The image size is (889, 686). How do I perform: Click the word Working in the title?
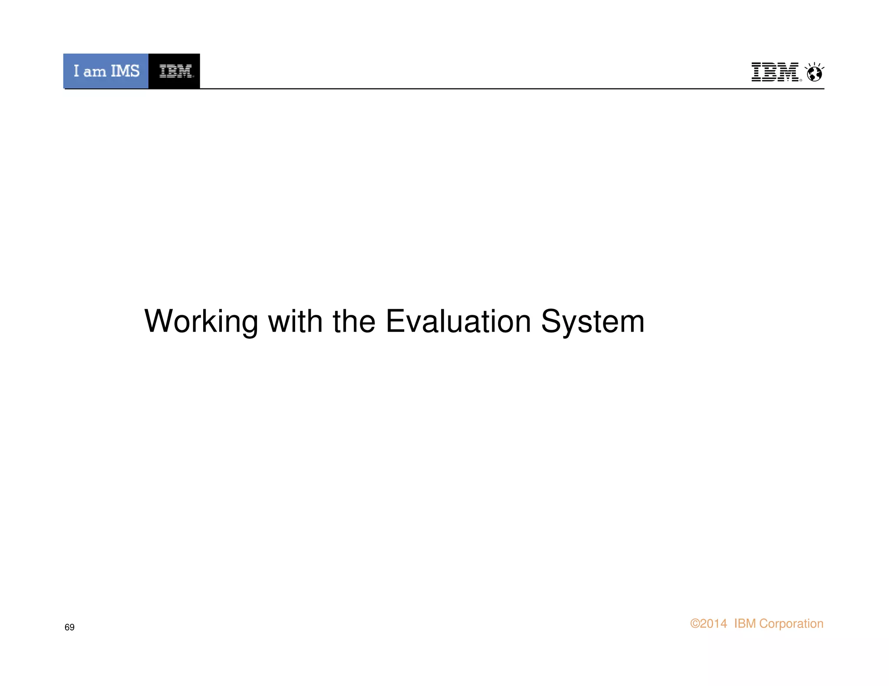pyautogui.click(x=201, y=322)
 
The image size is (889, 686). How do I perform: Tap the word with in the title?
pyautogui.click(x=295, y=322)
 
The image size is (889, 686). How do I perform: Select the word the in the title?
pyautogui.click(x=354, y=322)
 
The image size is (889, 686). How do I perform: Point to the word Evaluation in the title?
pyautogui.click(x=458, y=322)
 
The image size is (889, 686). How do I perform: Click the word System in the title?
pyautogui.click(x=593, y=322)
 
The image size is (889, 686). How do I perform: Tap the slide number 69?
pyautogui.click(x=69, y=627)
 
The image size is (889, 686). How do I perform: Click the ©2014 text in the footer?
pyautogui.click(x=708, y=624)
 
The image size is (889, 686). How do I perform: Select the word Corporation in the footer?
pyautogui.click(x=791, y=624)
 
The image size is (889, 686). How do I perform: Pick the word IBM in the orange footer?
pyautogui.click(x=745, y=624)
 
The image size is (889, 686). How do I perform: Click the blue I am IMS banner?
pyautogui.click(x=106, y=71)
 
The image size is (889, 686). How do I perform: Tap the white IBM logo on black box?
pyautogui.click(x=175, y=71)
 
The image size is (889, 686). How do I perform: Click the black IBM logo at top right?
pyautogui.click(x=775, y=72)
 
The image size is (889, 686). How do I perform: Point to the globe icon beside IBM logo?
pyautogui.click(x=814, y=73)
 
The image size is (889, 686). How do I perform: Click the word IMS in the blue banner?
pyautogui.click(x=125, y=71)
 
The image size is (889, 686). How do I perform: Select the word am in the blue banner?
pyautogui.click(x=95, y=72)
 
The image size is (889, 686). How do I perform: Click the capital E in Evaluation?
pyautogui.click(x=395, y=322)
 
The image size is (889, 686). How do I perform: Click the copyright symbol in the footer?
pyautogui.click(x=695, y=624)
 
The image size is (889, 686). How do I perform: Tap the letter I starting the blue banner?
pyautogui.click(x=76, y=71)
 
